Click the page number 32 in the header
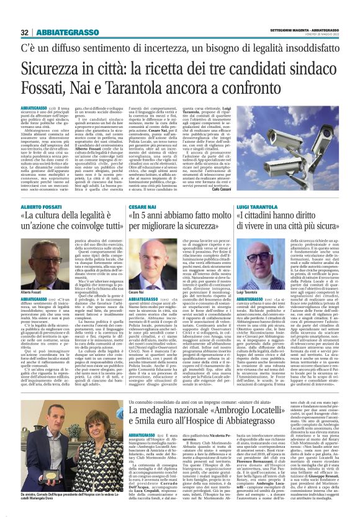click(25, 32)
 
